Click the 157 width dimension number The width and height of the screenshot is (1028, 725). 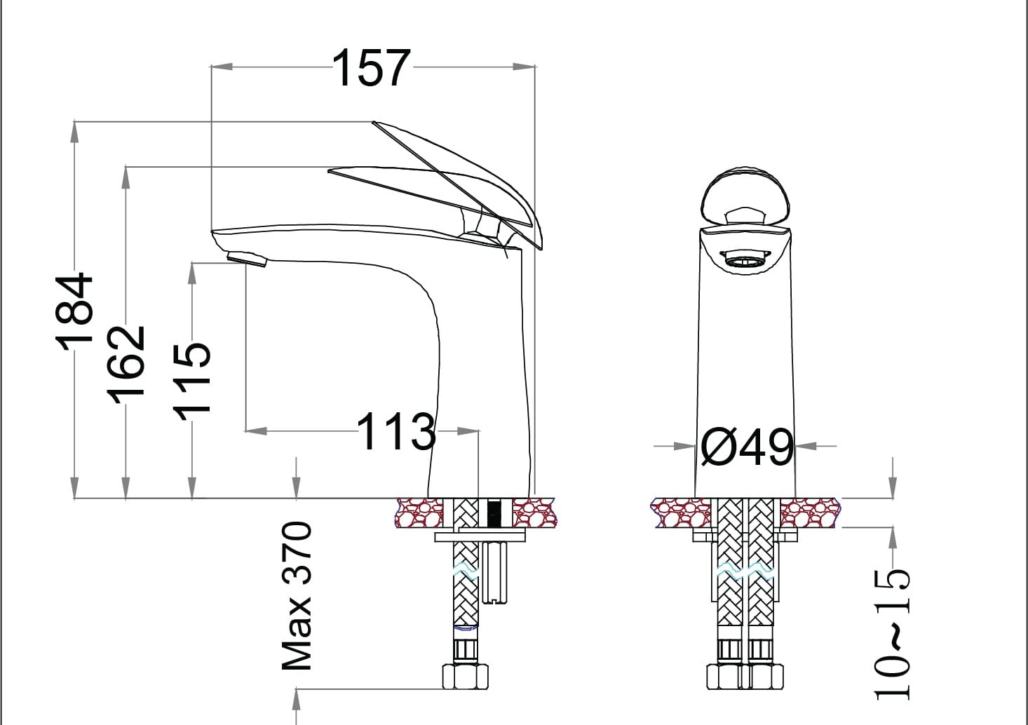[x=372, y=68]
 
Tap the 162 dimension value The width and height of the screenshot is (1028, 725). [x=126, y=365]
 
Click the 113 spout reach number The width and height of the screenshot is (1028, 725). [x=396, y=431]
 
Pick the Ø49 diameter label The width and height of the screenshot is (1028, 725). [x=748, y=447]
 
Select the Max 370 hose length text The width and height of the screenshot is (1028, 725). [x=297, y=595]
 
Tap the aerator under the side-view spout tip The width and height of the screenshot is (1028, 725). [x=247, y=259]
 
